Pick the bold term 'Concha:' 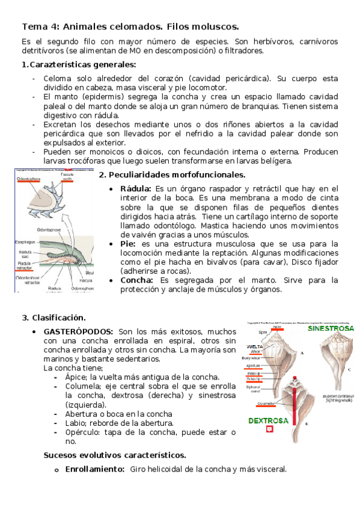[x=139, y=280]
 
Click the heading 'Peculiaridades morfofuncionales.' [x=172, y=174]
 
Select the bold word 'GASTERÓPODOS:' [x=78, y=331]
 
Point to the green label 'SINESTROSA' [x=331, y=329]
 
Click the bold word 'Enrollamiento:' [x=95, y=469]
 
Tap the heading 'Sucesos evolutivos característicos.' [x=115, y=455]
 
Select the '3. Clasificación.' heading [x=54, y=317]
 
